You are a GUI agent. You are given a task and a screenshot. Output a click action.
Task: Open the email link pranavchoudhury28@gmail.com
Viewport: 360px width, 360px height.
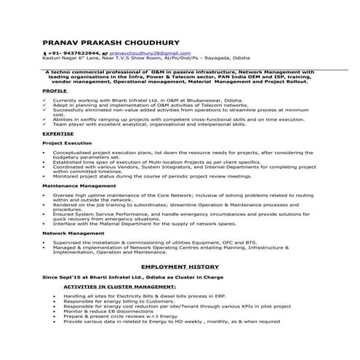click(142, 54)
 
